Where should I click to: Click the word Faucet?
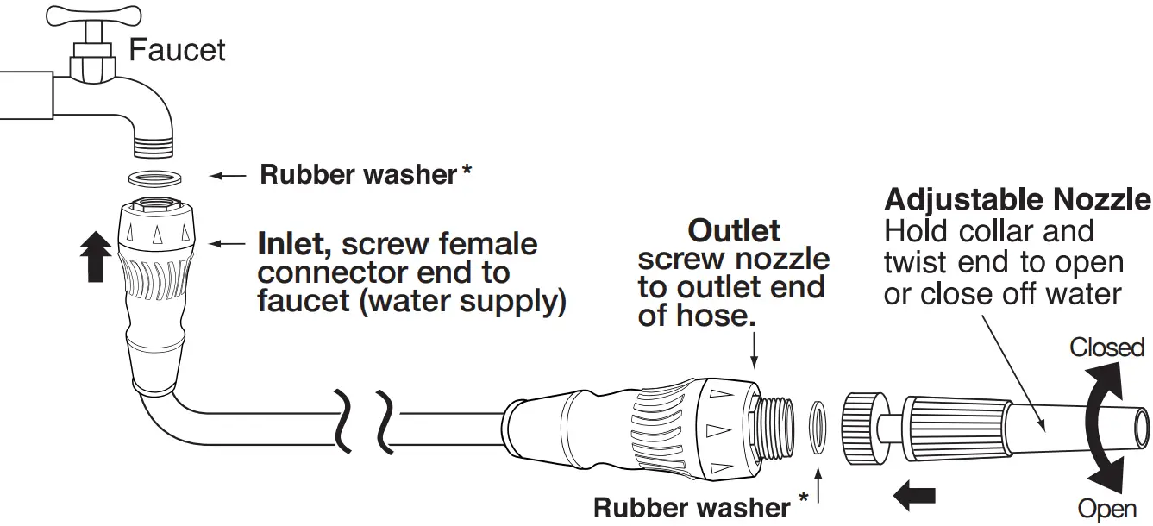coord(177,49)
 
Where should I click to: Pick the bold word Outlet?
coord(734,230)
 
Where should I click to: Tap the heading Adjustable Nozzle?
coord(1018,200)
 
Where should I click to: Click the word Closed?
coord(1106,348)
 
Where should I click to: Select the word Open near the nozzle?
coord(1106,510)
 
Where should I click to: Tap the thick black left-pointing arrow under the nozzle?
coord(915,497)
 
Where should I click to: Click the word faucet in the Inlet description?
coord(297,303)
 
